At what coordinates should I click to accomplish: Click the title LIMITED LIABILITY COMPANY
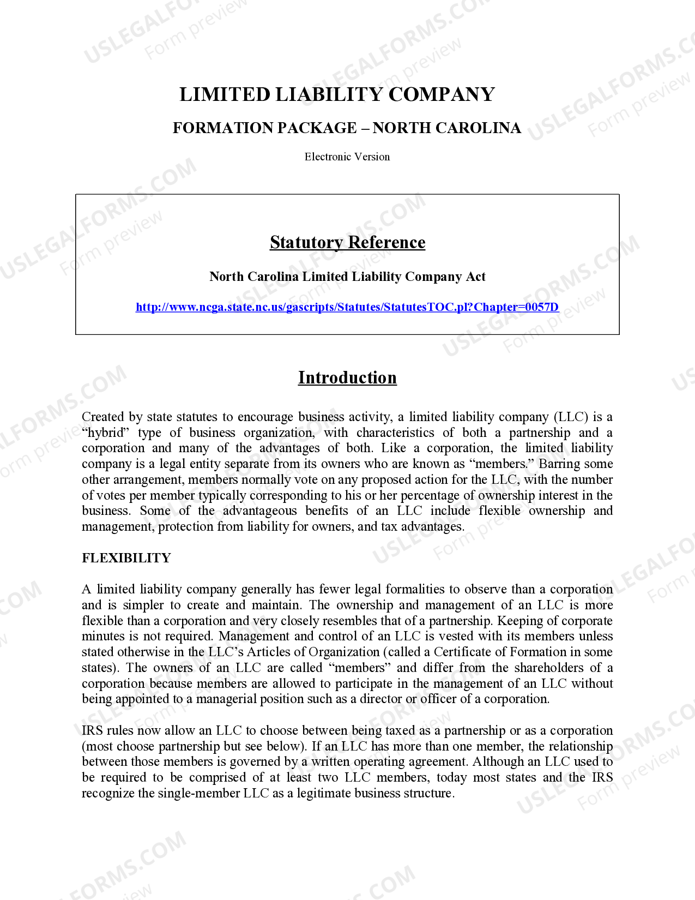tap(337, 94)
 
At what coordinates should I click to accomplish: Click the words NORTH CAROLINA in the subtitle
tap(446, 128)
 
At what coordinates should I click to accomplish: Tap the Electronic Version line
tap(347, 157)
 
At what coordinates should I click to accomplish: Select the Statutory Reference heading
tap(347, 242)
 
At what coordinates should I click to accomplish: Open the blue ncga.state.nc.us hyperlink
tap(347, 307)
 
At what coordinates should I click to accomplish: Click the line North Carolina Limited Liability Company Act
tap(347, 277)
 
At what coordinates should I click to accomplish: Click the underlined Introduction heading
tap(347, 378)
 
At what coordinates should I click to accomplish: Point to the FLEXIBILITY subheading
tap(126, 558)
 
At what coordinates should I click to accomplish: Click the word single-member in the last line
tap(199, 794)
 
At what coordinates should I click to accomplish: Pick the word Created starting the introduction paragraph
tap(103, 417)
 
